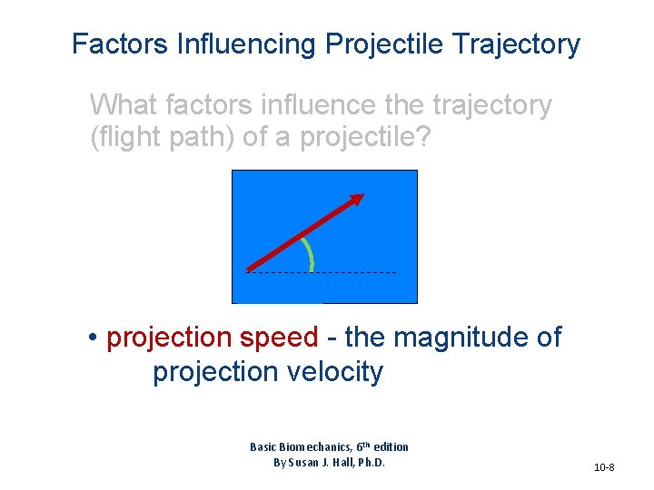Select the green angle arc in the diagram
coord(310,255)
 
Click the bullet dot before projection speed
coord(94,338)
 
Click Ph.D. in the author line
coord(371,463)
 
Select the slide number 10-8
coord(604,467)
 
